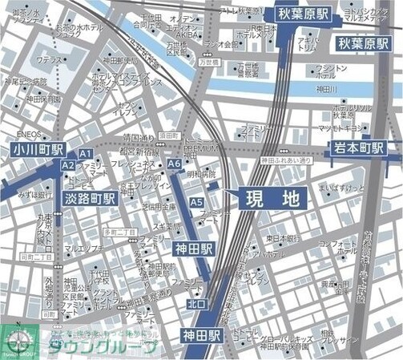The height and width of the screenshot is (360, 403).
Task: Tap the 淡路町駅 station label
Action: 90,197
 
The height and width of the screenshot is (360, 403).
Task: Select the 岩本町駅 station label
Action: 357,148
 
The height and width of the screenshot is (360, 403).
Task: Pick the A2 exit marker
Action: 68,165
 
